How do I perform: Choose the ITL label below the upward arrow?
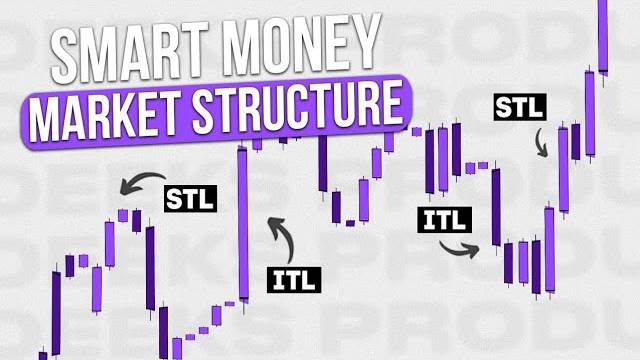[x=292, y=280]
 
